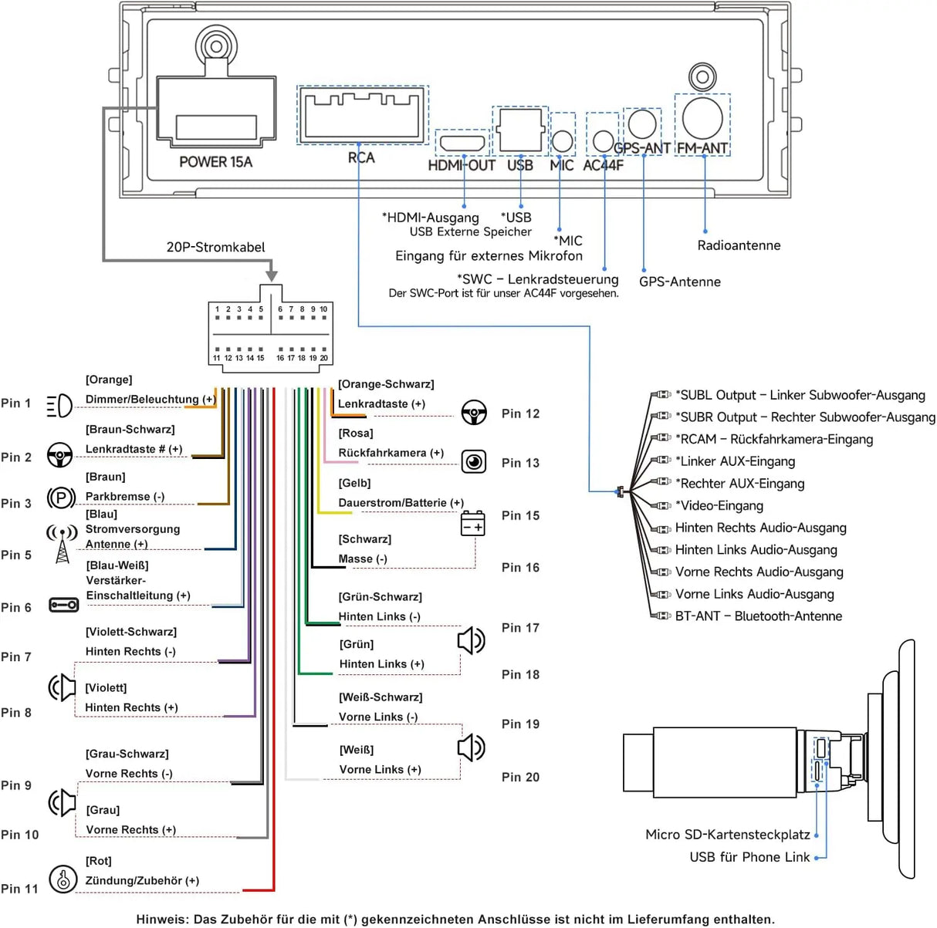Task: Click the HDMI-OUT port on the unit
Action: (462, 143)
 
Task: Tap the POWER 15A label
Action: (215, 162)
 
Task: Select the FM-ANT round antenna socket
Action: (702, 118)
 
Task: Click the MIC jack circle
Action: (562, 141)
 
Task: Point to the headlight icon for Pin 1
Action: (59, 406)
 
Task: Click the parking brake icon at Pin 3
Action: (61, 498)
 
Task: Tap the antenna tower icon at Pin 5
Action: (62, 544)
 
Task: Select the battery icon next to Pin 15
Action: (472, 523)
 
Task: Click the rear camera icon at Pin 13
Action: (474, 461)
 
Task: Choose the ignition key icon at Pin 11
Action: (63, 879)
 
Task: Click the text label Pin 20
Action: (520, 777)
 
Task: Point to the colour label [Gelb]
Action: (354, 483)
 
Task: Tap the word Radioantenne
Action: (739, 245)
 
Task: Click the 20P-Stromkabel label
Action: (215, 247)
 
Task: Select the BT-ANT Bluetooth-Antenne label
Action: (759, 616)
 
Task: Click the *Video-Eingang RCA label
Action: (719, 505)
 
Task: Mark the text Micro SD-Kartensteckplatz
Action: (727, 835)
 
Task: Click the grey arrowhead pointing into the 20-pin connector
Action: (272, 275)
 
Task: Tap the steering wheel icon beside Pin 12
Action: (474, 412)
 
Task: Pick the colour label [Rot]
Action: (99, 861)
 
